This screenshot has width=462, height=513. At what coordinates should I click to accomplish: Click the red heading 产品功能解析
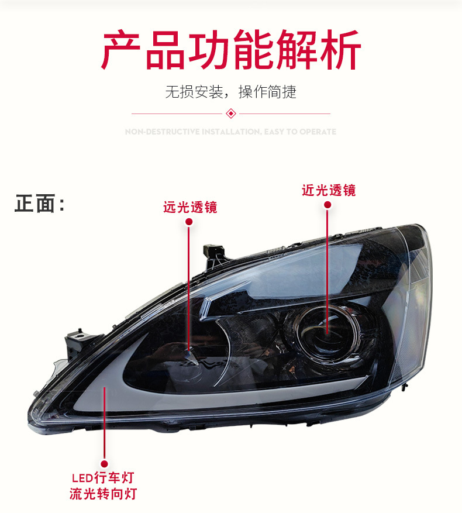(x=231, y=51)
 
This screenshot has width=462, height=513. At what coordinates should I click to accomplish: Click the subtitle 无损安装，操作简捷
(x=231, y=92)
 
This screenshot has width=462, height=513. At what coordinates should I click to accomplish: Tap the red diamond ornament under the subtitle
(x=231, y=113)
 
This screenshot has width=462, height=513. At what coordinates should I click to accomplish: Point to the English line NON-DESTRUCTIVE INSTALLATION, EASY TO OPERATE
(x=231, y=132)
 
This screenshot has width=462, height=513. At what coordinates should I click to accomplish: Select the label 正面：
(x=39, y=204)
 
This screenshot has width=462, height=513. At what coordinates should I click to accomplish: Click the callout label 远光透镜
(x=190, y=207)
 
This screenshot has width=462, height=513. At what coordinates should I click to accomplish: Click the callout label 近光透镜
(x=328, y=190)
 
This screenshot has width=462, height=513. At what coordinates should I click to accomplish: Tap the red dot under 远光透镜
(x=189, y=222)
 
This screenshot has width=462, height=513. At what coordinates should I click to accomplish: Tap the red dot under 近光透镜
(x=327, y=205)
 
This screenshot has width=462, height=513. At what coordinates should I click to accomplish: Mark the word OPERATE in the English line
(x=318, y=132)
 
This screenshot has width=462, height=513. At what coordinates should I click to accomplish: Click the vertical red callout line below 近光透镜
(x=327, y=263)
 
